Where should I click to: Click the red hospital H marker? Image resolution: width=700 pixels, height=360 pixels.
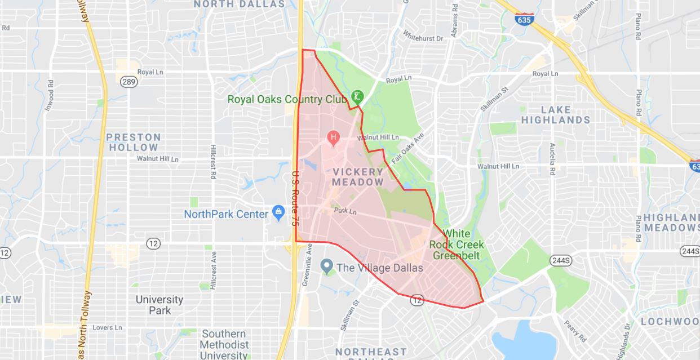click(x=333, y=137)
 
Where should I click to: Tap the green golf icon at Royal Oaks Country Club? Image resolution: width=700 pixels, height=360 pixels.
click(x=357, y=96)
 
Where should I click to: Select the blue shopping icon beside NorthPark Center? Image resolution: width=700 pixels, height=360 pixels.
click(x=278, y=212)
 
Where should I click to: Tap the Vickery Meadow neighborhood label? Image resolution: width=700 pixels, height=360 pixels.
click(x=357, y=176)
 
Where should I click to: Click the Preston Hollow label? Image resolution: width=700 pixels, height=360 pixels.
click(x=134, y=142)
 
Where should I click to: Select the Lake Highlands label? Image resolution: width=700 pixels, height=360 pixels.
click(x=555, y=114)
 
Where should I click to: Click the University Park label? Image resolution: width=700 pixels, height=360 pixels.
click(x=159, y=305)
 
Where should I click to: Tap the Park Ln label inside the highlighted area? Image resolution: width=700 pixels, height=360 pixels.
click(x=345, y=211)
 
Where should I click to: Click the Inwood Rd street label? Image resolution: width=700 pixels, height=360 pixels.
click(x=50, y=95)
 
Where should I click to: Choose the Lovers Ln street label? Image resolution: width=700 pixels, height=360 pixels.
click(x=107, y=327)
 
